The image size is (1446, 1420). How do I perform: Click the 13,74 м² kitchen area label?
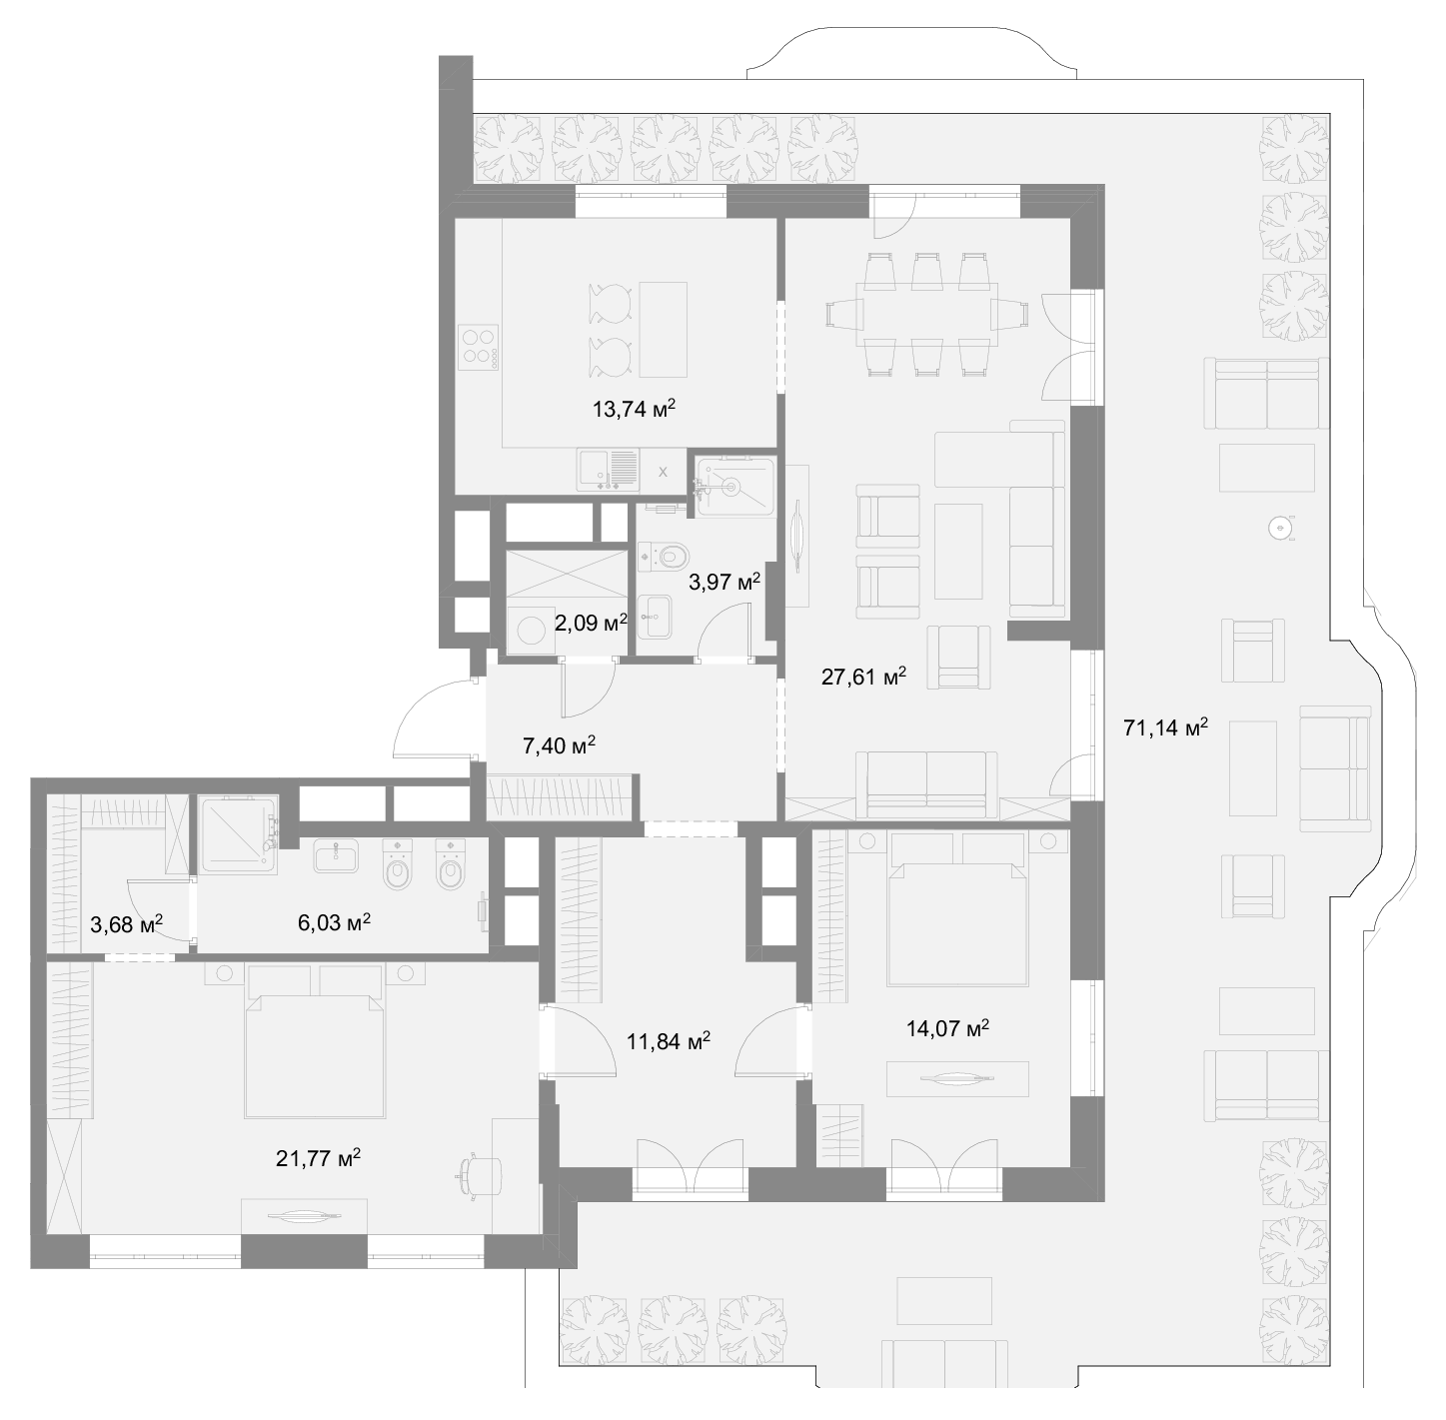[x=635, y=409]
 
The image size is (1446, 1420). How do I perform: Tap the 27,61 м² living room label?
[x=863, y=677]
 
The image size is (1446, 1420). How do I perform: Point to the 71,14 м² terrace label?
[x=1165, y=727]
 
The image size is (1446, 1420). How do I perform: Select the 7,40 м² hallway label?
[x=559, y=745]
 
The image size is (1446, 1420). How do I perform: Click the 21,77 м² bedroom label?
[x=318, y=1158]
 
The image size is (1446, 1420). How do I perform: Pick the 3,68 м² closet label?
[x=127, y=924]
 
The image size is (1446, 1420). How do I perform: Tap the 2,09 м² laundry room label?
[x=591, y=623]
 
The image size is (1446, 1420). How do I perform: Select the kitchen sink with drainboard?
[x=608, y=470]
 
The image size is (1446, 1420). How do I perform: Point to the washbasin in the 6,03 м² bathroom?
[x=336, y=855]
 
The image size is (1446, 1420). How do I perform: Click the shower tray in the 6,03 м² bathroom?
[x=237, y=834]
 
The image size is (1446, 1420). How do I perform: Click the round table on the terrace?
[x=1281, y=529]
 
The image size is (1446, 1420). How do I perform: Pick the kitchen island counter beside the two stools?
[x=664, y=330]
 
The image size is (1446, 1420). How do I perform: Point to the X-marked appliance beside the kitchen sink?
[x=663, y=472]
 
